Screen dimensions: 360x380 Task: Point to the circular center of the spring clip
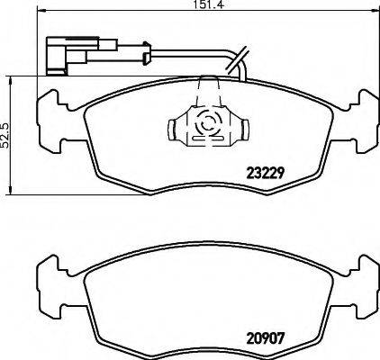pos(208,126)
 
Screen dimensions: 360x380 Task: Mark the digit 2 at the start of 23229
pos(250,174)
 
